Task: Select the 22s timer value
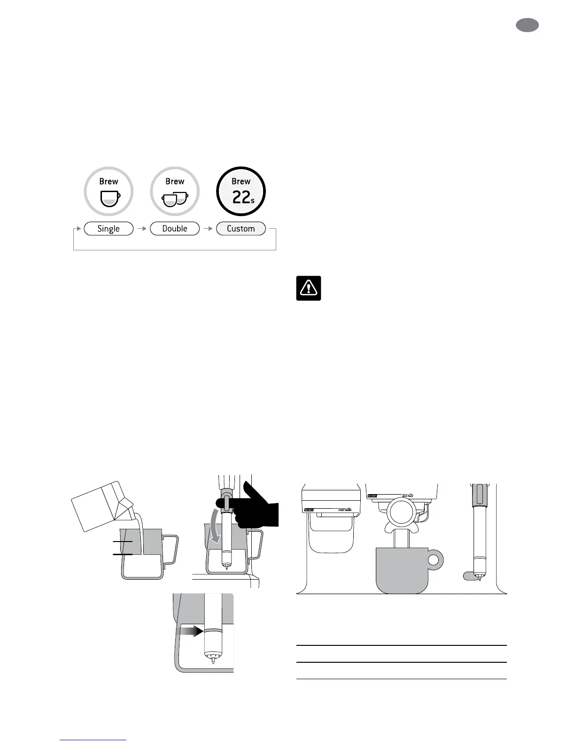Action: [243, 197]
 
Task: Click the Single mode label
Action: [109, 229]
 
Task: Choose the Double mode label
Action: [175, 229]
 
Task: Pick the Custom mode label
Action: [241, 229]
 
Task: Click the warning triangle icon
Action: [309, 288]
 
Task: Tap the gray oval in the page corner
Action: [527, 25]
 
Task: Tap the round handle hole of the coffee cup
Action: [435, 559]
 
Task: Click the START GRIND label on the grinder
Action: [344, 510]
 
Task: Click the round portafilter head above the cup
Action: [402, 513]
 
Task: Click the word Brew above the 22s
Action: [241, 181]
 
